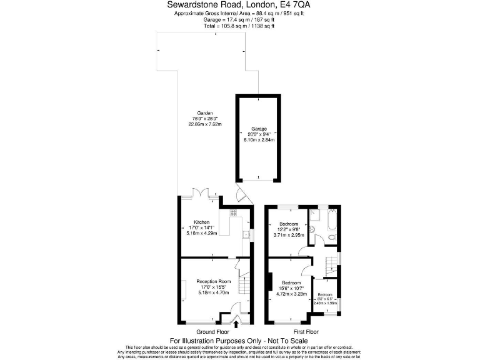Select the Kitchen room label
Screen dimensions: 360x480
coord(201,222)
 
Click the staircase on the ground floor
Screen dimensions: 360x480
coord(244,284)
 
